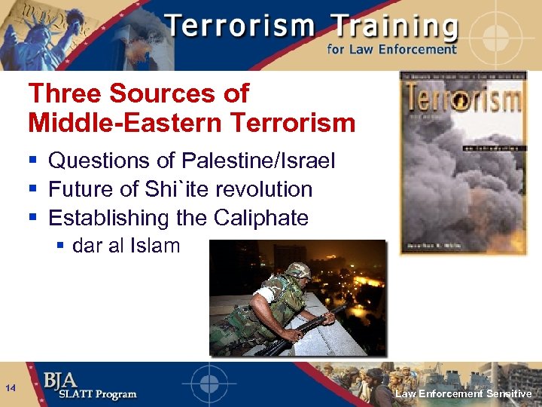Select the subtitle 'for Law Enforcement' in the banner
[391, 50]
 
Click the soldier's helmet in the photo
[297, 270]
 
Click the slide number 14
[11, 388]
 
